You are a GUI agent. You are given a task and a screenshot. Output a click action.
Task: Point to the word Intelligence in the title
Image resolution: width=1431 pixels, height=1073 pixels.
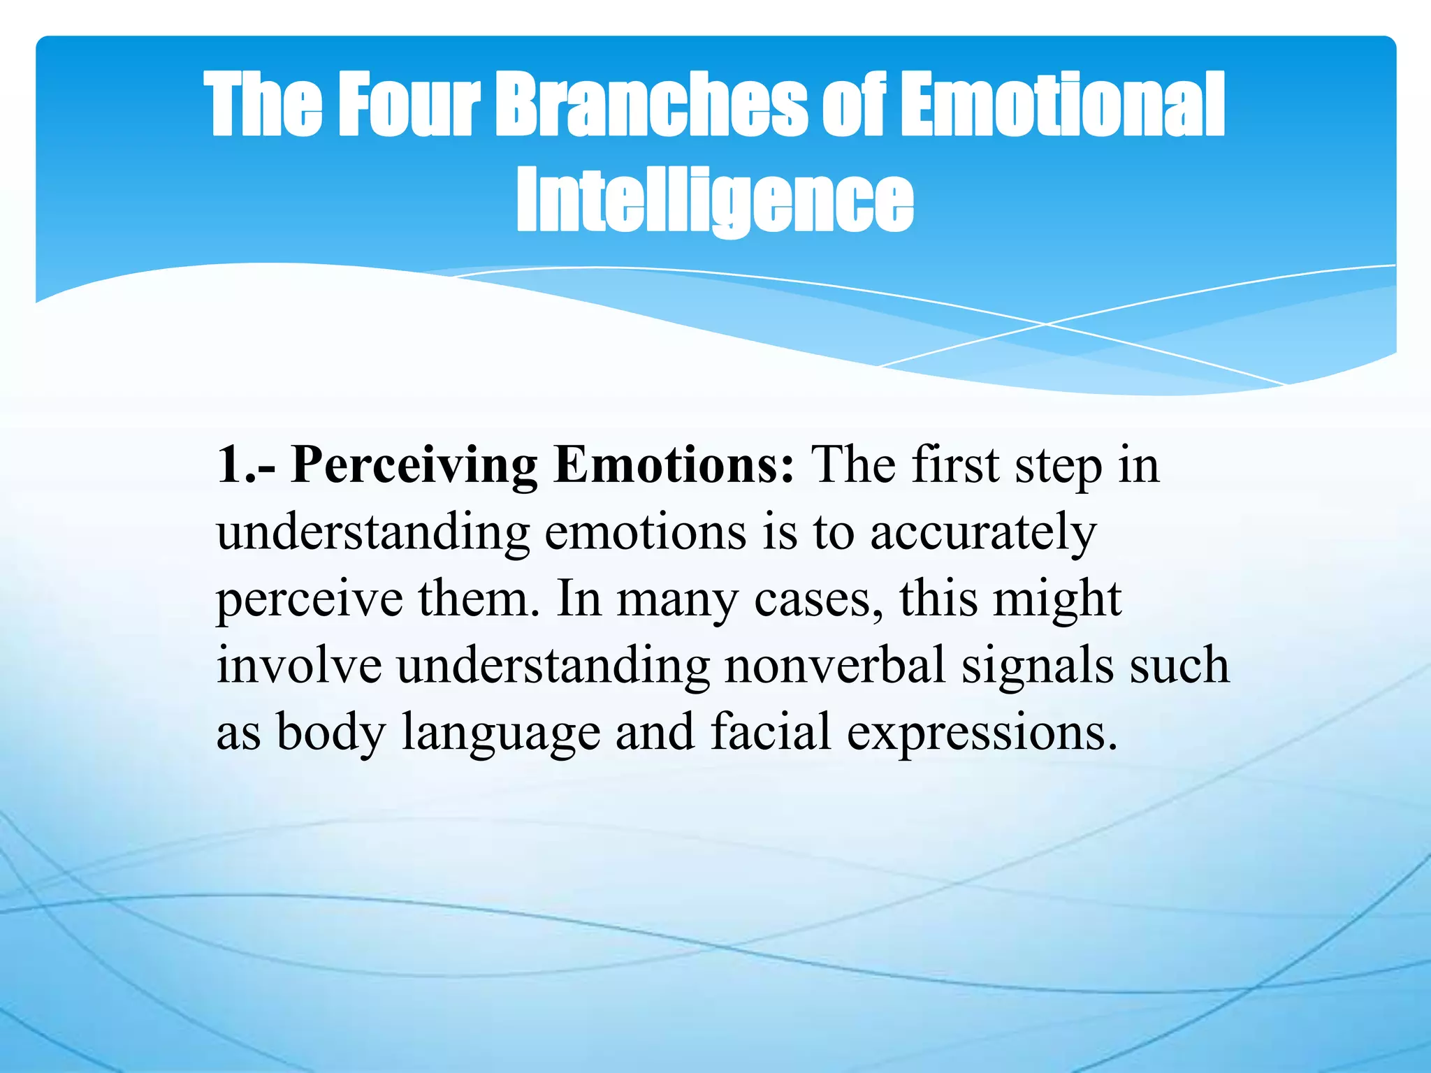tap(715, 200)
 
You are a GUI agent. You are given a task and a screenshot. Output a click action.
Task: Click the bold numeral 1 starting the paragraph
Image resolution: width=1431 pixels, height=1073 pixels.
tap(231, 465)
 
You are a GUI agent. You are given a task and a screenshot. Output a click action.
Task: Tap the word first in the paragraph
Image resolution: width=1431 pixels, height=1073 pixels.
tap(955, 465)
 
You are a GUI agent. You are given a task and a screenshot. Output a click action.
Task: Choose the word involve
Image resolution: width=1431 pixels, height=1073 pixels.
tap(299, 665)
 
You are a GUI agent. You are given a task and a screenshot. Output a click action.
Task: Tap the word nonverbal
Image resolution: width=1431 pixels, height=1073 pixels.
tap(835, 665)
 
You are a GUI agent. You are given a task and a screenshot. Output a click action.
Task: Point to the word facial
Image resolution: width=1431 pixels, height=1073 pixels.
tap(771, 732)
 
